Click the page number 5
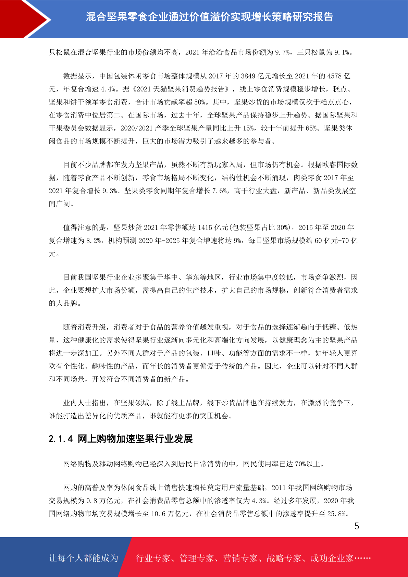(357, 526)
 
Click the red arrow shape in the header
(24, 19)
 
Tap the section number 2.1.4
(61, 439)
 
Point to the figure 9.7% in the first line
(283, 52)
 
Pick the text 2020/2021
(136, 128)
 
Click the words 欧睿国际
(329, 165)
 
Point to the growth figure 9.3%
(110, 191)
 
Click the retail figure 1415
(205, 228)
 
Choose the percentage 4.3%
(259, 501)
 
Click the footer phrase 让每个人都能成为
(84, 558)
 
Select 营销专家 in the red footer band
(240, 558)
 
